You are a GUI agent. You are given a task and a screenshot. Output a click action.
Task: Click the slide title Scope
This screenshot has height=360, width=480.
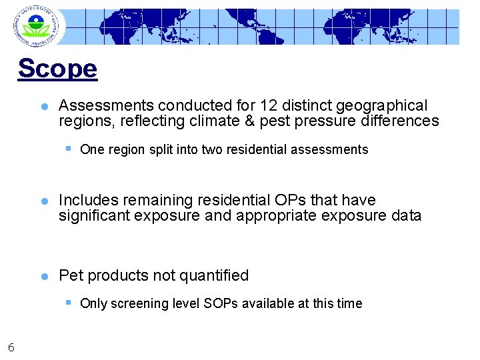(57, 68)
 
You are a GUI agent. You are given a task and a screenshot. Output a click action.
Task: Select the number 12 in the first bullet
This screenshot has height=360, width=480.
(269, 105)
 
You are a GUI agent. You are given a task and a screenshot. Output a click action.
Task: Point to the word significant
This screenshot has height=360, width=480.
(94, 215)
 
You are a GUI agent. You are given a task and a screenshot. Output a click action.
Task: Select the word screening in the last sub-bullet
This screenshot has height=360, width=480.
(141, 303)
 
